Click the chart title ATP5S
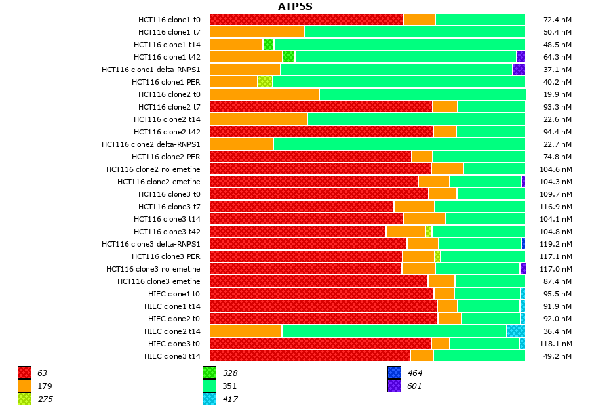pos(295,7)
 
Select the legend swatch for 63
pos(24,373)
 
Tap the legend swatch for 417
pos(209,399)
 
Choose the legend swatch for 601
pos(394,386)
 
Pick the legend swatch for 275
pos(24,399)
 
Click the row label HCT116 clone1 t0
pos(169,20)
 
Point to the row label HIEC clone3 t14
pos(172,356)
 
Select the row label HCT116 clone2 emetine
pos(159,182)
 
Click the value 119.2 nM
pos(558,244)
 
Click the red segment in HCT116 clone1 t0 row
pos(306,20)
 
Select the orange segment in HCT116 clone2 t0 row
pos(264,94)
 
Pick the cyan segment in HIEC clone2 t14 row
pos(516,331)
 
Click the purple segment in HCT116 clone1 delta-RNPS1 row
pos(519,70)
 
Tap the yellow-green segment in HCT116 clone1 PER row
pos(265,82)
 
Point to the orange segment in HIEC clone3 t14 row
pos(422,356)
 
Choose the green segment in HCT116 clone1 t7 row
pos(414,32)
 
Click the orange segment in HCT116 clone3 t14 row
pos(425,219)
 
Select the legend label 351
pos(229,386)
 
